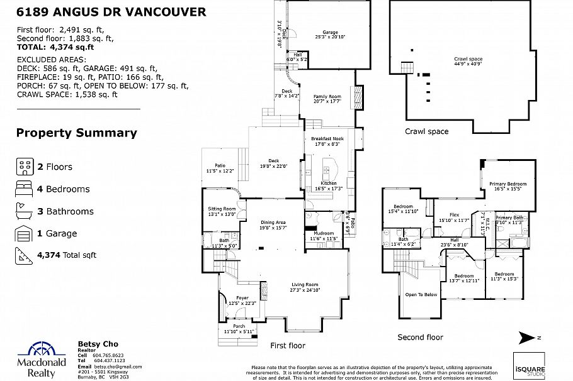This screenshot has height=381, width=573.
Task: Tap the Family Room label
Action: [x=327, y=96]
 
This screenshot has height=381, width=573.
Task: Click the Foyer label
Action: [x=242, y=298]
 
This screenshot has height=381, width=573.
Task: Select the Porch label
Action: [x=239, y=326]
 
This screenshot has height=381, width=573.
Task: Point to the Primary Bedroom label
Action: [x=508, y=184]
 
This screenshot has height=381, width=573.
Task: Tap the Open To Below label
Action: [x=421, y=294]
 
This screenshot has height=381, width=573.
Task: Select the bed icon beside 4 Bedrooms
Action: [x=25, y=189]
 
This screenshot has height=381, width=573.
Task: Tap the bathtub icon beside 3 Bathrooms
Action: [x=25, y=211]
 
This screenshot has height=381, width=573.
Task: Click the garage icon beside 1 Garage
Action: [x=25, y=234]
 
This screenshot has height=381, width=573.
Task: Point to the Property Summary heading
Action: [x=76, y=133]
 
